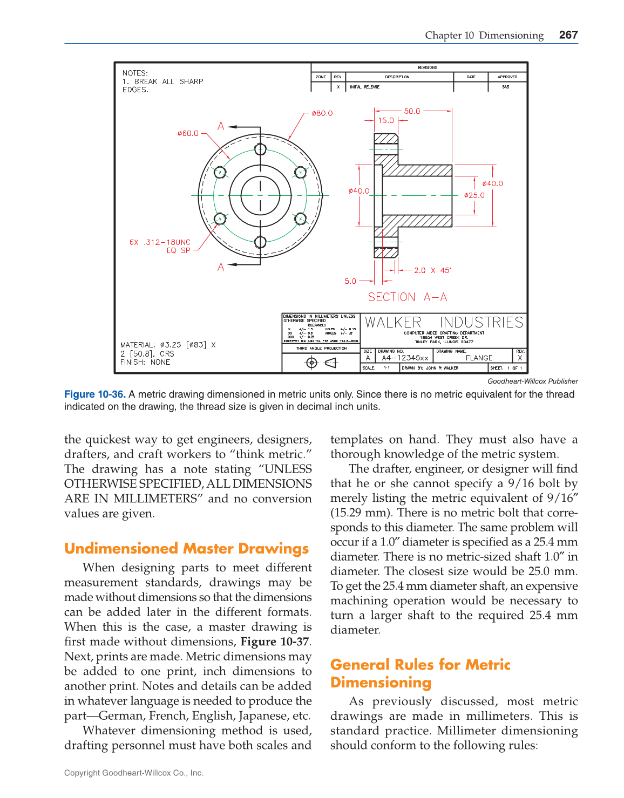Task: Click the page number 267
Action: click(x=568, y=35)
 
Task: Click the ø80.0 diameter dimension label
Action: click(x=322, y=113)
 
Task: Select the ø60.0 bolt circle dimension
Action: click(x=188, y=133)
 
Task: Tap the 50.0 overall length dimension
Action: click(x=412, y=111)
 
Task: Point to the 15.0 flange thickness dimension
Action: click(x=386, y=120)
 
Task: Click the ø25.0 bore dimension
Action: click(x=474, y=195)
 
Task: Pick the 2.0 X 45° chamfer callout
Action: click(x=432, y=270)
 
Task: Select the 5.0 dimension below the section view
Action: click(x=350, y=281)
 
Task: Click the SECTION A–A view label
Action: click(x=408, y=297)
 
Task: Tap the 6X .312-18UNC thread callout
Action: click(x=160, y=242)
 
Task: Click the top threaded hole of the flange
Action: click(x=260, y=149)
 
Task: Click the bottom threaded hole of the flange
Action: click(x=260, y=242)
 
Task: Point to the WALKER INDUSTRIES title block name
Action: click(x=444, y=323)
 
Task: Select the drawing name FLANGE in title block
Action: click(x=479, y=358)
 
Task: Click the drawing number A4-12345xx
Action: click(x=405, y=358)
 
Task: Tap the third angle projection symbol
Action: click(x=321, y=363)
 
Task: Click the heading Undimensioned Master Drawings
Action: click(x=186, y=549)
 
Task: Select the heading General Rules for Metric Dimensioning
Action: click(x=420, y=673)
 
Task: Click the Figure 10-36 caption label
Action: click(x=94, y=394)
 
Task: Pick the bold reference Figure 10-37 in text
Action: click(x=275, y=642)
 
